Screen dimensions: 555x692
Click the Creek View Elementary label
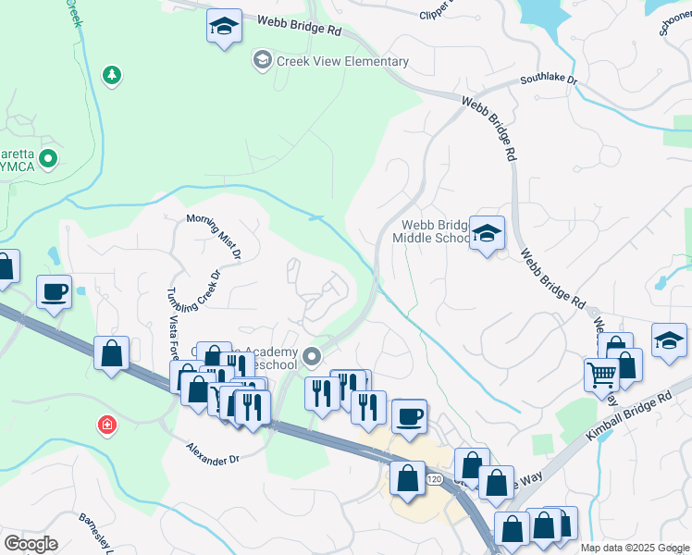pos(341,62)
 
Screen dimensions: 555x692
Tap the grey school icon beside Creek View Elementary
pos(262,61)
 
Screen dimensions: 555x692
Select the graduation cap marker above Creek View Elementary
pos(223,27)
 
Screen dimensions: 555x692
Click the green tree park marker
pos(112,75)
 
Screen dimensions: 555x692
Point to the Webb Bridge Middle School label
pos(432,231)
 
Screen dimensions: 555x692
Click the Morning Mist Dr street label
pos(214,235)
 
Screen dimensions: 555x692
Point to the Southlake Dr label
pos(548,80)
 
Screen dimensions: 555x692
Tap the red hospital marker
pos(108,425)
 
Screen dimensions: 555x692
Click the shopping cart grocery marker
pos(601,375)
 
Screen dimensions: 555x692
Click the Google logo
pos(31,544)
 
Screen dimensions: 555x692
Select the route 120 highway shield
pos(434,478)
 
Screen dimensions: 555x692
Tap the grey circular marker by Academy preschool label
pos(312,355)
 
